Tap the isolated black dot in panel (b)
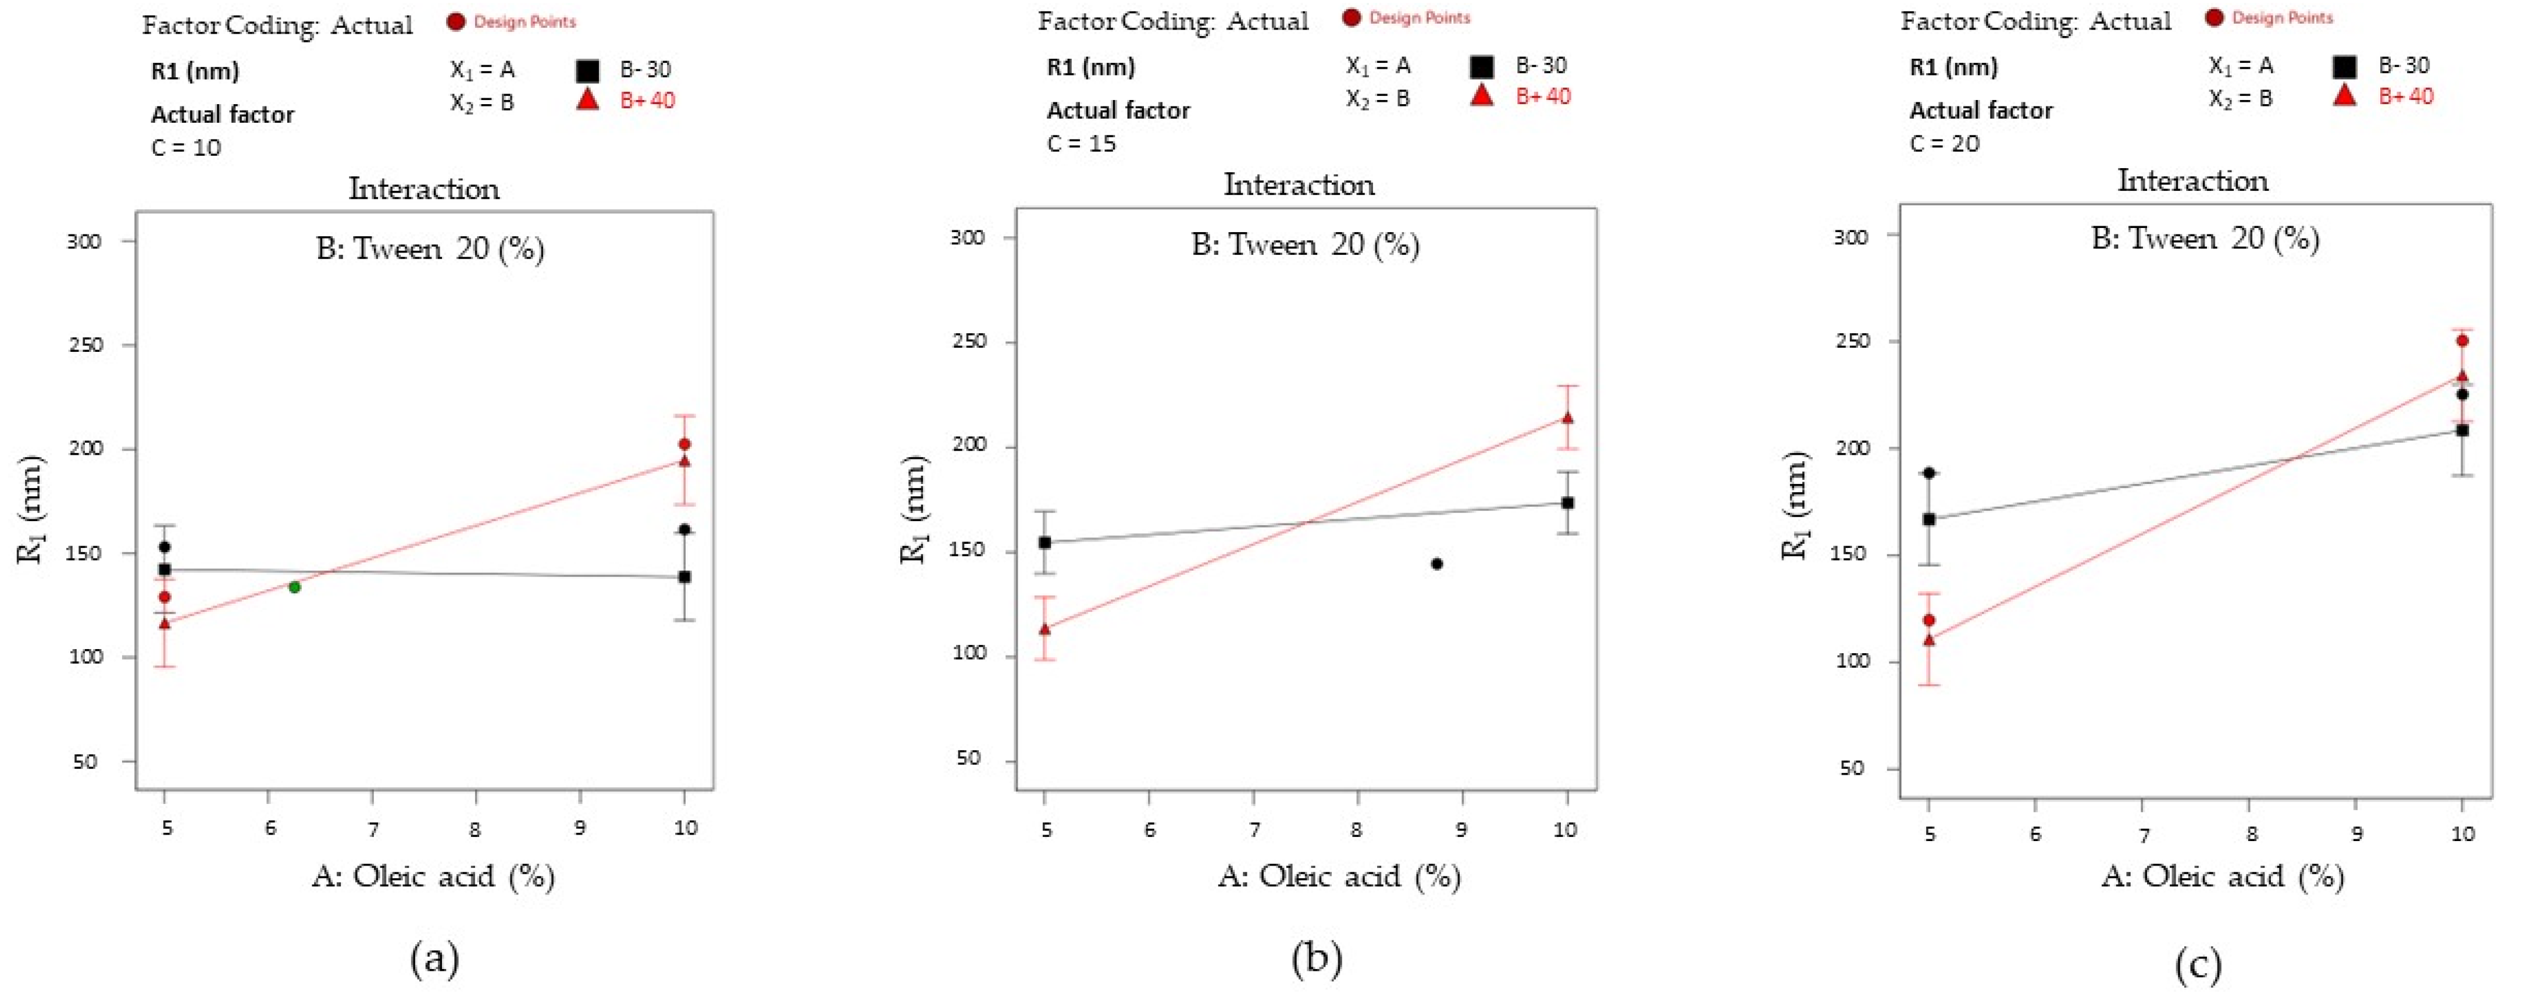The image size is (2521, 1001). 1436,564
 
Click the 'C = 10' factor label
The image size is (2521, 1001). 186,148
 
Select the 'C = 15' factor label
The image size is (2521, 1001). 1082,144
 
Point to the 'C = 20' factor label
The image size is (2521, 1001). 1945,144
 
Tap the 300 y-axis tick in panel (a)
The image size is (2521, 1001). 84,241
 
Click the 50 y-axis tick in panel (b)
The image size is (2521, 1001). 968,758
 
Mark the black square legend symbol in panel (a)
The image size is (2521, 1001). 587,70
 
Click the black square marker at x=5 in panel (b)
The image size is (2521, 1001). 1044,542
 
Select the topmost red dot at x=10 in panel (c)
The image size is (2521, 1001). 2462,340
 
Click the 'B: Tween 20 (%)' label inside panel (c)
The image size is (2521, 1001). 2205,238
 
